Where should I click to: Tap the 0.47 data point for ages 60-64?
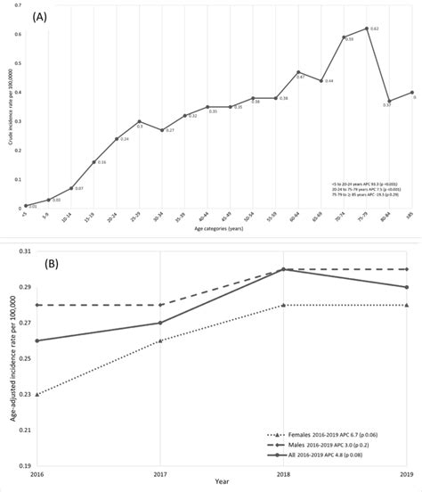pos(298,72)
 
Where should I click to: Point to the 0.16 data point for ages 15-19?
pos(94,162)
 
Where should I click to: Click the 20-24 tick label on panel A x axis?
pos(115,218)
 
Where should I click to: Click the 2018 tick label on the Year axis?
pos(283,475)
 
